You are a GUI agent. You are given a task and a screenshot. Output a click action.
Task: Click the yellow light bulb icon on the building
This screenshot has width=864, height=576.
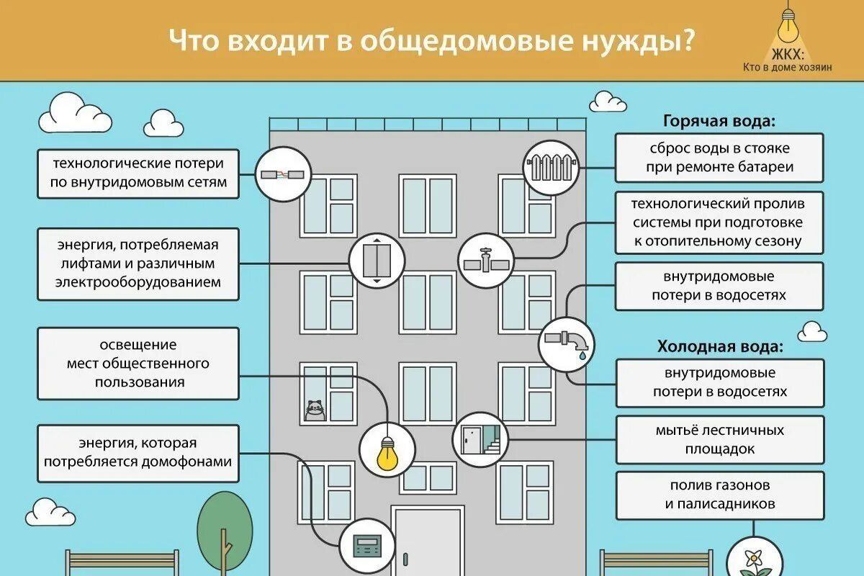point(388,449)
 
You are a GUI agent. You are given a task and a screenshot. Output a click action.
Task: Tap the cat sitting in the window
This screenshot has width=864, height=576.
point(315,410)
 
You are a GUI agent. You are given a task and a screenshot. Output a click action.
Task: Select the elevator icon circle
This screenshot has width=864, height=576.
point(377,260)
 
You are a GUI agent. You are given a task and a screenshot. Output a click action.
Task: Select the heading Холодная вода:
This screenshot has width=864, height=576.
point(720,347)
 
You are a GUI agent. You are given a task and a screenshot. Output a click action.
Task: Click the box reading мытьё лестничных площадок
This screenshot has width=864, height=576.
point(719,440)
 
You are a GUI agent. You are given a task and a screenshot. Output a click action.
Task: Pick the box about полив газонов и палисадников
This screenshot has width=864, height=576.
point(719,494)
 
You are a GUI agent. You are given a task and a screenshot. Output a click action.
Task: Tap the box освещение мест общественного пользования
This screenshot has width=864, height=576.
point(138,364)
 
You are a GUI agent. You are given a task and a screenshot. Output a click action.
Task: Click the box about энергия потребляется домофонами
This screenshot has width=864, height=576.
point(138,452)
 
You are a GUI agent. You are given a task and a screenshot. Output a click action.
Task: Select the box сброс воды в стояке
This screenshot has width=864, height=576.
point(719,158)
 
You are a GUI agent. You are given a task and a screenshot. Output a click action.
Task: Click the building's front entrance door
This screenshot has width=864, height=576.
point(426,540)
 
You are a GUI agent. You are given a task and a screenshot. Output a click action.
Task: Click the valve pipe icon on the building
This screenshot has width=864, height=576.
point(486,260)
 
